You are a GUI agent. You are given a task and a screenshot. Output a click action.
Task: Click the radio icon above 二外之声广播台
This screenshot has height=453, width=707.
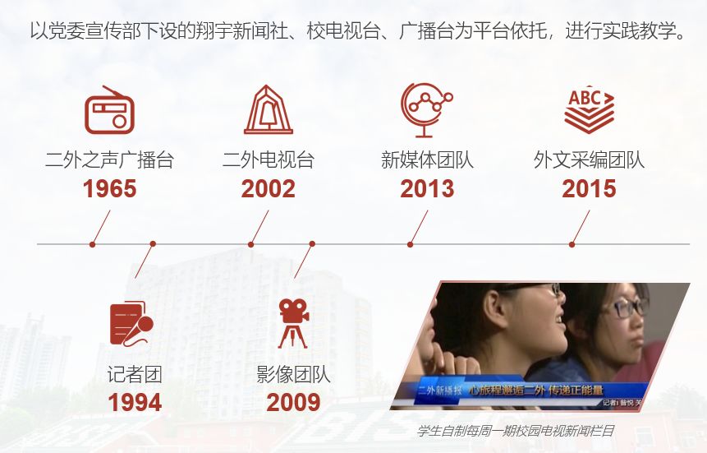[109, 110]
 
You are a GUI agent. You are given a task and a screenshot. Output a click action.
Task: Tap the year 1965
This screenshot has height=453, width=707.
[109, 189]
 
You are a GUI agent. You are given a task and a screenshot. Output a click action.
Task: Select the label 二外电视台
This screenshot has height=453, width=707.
[269, 159]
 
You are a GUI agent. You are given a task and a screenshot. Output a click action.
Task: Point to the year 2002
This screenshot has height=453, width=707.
[269, 189]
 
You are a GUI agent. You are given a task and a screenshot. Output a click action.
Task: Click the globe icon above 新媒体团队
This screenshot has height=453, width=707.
[426, 110]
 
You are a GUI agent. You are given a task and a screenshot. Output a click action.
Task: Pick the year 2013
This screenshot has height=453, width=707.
[427, 189]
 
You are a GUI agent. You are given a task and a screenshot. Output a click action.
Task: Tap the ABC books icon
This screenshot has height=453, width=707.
[590, 109]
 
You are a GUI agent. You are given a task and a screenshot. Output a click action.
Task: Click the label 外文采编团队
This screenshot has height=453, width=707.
[590, 159]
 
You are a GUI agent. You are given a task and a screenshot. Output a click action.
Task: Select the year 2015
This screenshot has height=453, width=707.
[589, 189]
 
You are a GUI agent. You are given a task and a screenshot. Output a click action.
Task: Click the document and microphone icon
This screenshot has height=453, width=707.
[131, 324]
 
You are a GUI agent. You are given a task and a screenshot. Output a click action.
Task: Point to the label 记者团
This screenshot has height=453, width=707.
[135, 374]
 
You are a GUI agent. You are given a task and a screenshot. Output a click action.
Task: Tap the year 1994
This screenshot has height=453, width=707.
[135, 402]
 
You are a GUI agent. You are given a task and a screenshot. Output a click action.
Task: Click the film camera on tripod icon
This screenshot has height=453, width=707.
[293, 323]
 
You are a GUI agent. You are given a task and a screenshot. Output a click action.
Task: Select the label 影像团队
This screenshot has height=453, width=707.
[293, 374]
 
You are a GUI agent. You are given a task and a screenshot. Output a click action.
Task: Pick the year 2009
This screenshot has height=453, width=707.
[293, 402]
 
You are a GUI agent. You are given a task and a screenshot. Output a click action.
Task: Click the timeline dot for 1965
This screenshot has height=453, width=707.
[93, 244]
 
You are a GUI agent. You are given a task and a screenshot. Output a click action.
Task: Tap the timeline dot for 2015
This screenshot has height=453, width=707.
[572, 244]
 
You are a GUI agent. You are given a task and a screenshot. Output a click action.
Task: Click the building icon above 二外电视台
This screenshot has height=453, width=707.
[269, 109]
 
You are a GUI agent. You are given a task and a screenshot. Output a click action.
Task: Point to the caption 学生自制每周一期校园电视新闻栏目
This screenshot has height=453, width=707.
[516, 431]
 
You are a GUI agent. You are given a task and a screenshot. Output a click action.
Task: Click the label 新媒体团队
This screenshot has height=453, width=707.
[427, 159]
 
